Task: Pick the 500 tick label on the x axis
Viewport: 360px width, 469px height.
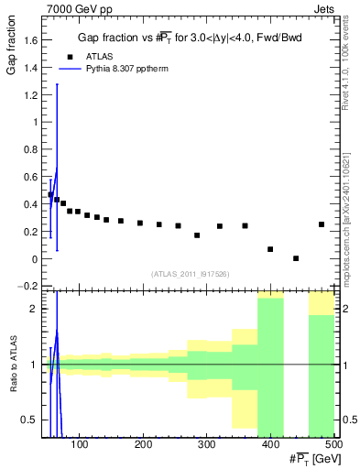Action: coord(333,445)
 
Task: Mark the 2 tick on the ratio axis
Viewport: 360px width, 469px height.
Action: coord(36,309)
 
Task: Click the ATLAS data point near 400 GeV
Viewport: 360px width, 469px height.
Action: coord(270,249)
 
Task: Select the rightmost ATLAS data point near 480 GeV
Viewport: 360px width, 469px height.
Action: coord(322,224)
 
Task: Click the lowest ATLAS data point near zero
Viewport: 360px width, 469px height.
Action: coord(296,258)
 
